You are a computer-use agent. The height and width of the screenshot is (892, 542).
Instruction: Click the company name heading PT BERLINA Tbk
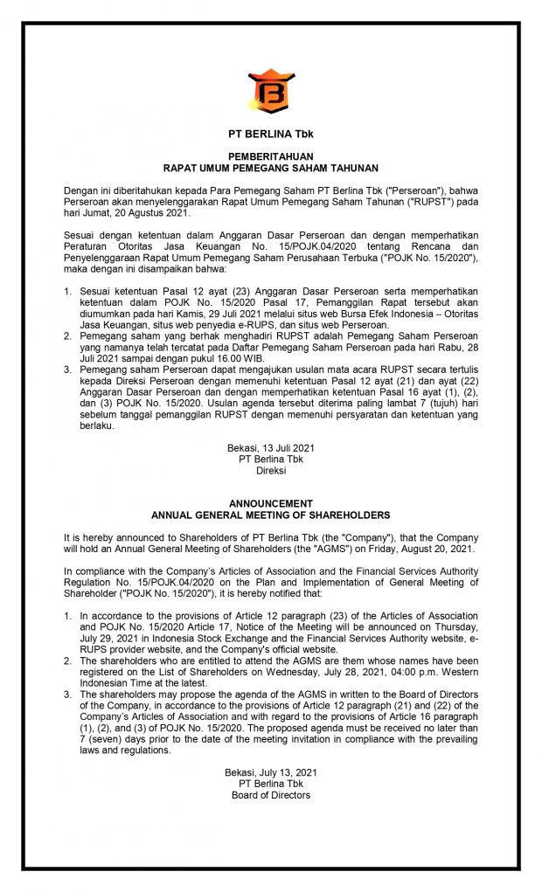pyautogui.click(x=270, y=134)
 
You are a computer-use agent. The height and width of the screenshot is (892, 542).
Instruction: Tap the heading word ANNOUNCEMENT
pyautogui.click(x=270, y=504)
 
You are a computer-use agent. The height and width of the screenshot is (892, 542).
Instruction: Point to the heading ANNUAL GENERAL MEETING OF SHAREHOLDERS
pyautogui.click(x=270, y=515)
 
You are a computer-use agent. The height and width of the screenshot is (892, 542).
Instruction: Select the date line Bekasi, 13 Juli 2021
pyautogui.click(x=270, y=448)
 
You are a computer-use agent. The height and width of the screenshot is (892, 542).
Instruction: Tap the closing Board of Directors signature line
pyautogui.click(x=270, y=795)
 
